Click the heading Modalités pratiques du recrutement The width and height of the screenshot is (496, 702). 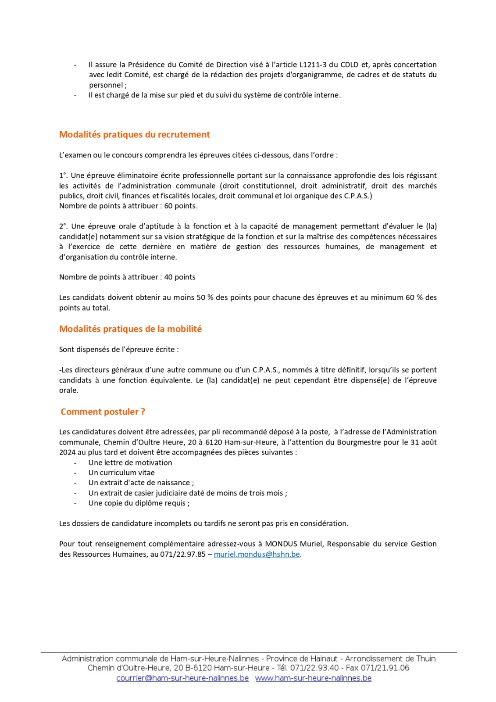(134, 135)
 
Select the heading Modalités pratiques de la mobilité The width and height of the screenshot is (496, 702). (130, 329)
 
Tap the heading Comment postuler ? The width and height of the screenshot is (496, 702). (103, 412)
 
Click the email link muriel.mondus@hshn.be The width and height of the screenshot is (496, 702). (257, 554)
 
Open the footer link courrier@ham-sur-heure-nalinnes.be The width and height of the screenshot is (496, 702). (182, 678)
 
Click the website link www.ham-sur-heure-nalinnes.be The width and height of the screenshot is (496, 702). (313, 678)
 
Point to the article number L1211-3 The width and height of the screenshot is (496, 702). (313, 64)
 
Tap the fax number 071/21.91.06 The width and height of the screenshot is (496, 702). (385, 668)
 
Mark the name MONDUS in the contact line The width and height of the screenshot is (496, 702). (281, 544)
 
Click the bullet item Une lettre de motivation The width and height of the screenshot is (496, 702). (130, 462)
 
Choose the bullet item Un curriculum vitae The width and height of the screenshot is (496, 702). (121, 473)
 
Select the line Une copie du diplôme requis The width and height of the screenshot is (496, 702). (138, 503)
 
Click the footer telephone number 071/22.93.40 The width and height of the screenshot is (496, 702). (314, 668)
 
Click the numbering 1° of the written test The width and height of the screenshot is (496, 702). (63, 175)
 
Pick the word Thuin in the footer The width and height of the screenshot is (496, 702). (426, 659)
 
